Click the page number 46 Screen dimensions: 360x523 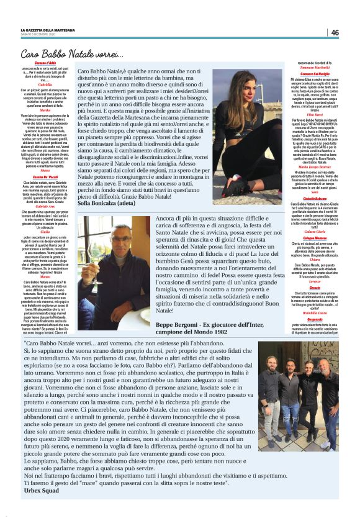point(335,32)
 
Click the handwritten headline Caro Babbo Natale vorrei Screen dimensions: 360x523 point(72,54)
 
